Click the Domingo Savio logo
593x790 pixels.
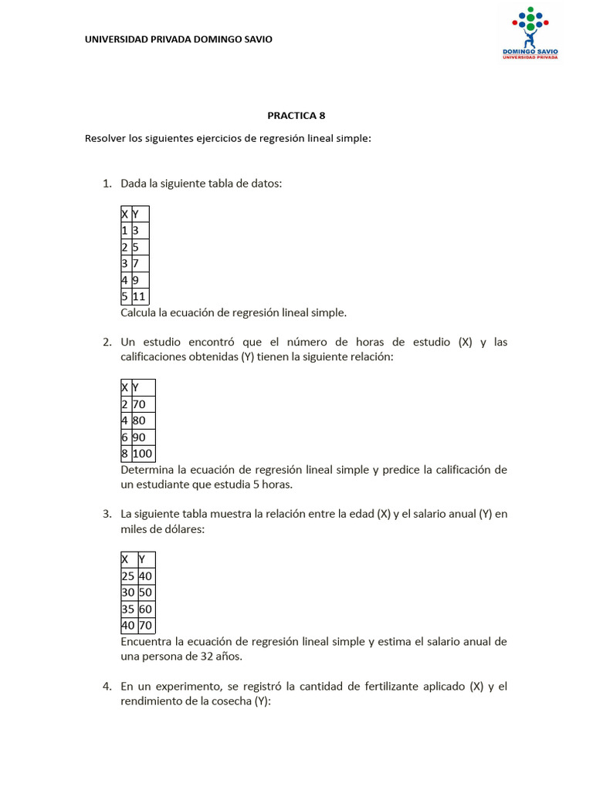530,33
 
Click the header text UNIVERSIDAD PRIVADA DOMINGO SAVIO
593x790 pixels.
178,39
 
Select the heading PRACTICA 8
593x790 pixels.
296,116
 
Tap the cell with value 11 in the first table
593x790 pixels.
139,296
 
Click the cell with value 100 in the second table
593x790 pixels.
143,454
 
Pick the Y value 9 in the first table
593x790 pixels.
136,280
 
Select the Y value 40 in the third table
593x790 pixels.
146,576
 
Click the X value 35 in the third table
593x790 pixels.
128,609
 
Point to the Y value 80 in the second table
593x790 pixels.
140,420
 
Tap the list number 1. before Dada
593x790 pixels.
107,184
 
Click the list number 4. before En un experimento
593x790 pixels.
107,686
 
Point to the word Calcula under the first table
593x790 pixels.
141,313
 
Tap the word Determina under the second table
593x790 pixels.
147,470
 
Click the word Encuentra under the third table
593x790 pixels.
147,642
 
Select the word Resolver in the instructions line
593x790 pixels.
105,139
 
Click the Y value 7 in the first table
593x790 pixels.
136,264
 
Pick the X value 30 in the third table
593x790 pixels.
128,592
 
